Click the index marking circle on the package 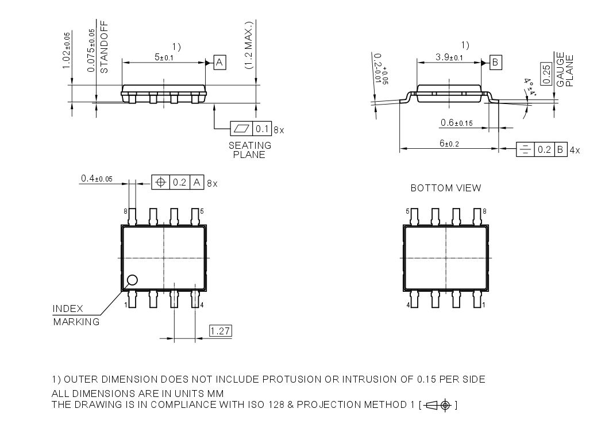pyautogui.click(x=132, y=280)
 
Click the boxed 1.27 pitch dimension pyautogui.click(x=221, y=331)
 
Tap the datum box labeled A pyautogui.click(x=219, y=63)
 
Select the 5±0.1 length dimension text pyautogui.click(x=164, y=57)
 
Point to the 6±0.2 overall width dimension pyautogui.click(x=449, y=143)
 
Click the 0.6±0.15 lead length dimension pyautogui.click(x=456, y=123)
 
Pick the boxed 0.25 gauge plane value pyautogui.click(x=547, y=73)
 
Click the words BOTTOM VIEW pyautogui.click(x=446, y=188)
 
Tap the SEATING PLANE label pyautogui.click(x=249, y=150)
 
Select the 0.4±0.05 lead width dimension pyautogui.click(x=97, y=179)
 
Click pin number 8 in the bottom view pyautogui.click(x=484, y=211)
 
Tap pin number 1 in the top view pyautogui.click(x=125, y=304)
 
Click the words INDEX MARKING pyautogui.click(x=76, y=315)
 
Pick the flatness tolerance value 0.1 pyautogui.click(x=262, y=129)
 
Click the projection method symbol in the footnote pyautogui.click(x=438, y=406)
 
